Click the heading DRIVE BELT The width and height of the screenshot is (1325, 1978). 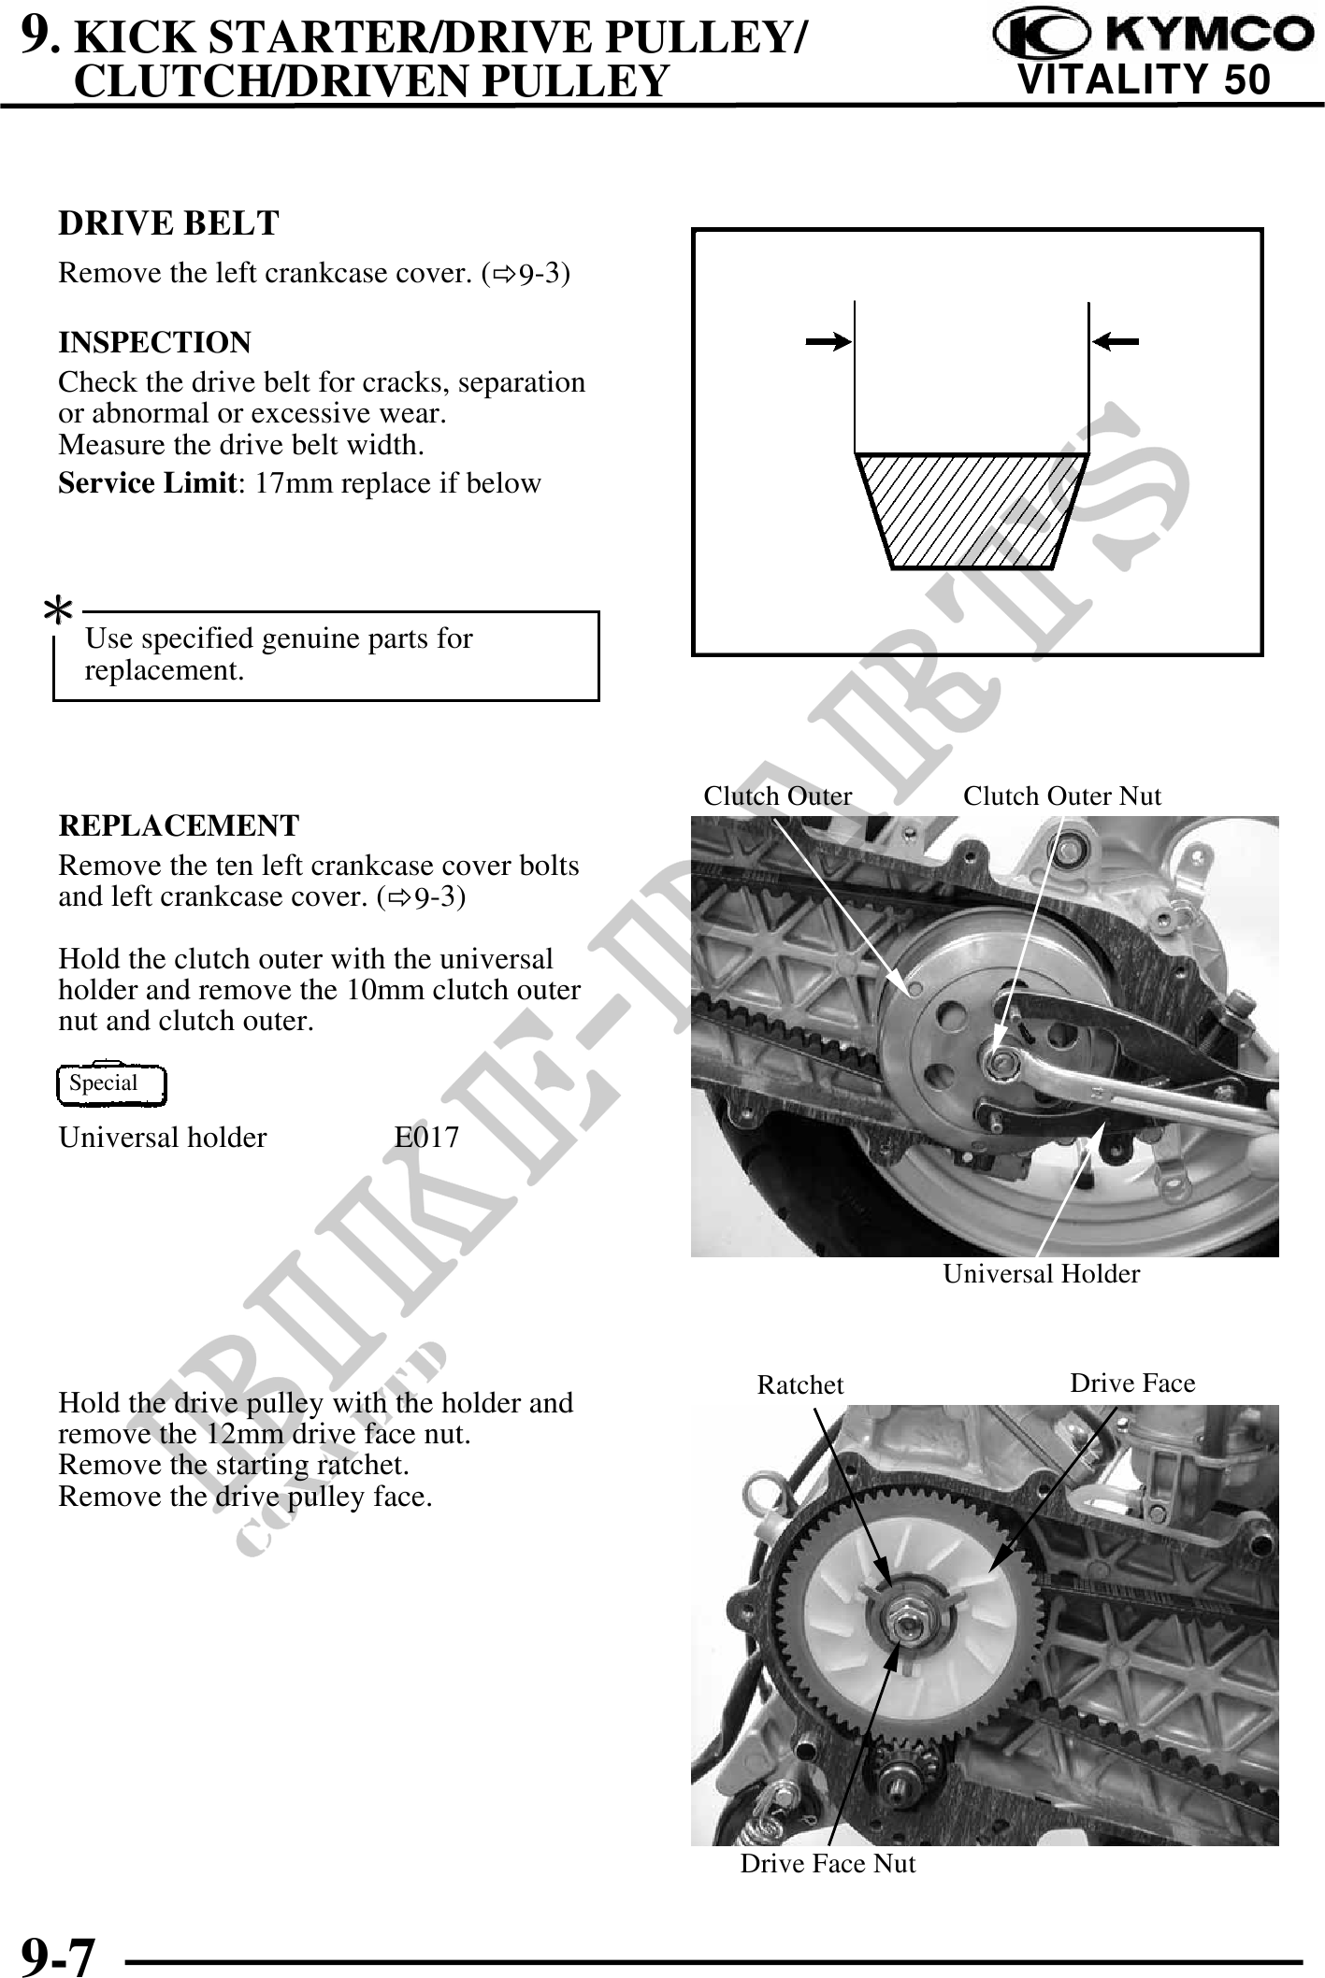[x=168, y=223]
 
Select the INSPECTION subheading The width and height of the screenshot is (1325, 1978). [x=154, y=342]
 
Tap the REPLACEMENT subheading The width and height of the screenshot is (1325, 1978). [x=179, y=825]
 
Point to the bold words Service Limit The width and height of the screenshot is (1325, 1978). [x=146, y=483]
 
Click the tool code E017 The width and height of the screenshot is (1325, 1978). [x=426, y=1138]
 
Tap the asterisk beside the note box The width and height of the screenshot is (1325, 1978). [x=59, y=613]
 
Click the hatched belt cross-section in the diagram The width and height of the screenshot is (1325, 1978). [x=972, y=510]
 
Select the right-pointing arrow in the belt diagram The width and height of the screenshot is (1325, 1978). [x=828, y=342]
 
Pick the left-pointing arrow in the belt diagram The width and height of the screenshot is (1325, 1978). [x=1116, y=342]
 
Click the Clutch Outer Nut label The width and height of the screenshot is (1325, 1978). [x=1061, y=796]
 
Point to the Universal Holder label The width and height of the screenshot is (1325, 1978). [x=1041, y=1273]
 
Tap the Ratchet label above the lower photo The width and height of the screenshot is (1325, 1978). [x=799, y=1385]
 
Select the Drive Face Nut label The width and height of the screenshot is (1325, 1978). [x=828, y=1863]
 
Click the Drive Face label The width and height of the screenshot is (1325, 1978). [x=1132, y=1383]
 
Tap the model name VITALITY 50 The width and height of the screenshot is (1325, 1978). [x=1144, y=80]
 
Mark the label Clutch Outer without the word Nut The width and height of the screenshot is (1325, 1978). [x=777, y=796]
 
